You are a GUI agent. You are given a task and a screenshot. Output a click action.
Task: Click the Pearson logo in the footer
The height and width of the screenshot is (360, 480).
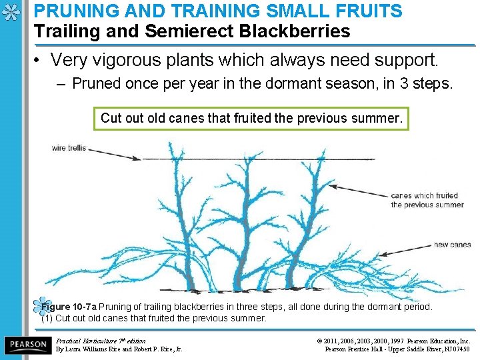click(27, 344)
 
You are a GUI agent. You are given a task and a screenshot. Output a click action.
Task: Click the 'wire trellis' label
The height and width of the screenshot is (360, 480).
click(68, 147)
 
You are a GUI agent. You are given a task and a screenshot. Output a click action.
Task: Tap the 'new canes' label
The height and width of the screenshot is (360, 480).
click(452, 245)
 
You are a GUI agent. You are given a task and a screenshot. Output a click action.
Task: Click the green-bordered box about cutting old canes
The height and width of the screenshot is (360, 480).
click(251, 119)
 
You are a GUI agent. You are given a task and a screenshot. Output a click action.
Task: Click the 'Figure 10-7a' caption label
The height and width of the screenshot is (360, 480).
click(69, 307)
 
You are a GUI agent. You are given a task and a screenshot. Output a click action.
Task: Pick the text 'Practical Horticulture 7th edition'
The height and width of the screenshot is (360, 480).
click(101, 341)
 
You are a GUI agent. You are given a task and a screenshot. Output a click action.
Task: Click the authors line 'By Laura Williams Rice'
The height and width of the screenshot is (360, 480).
click(119, 349)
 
